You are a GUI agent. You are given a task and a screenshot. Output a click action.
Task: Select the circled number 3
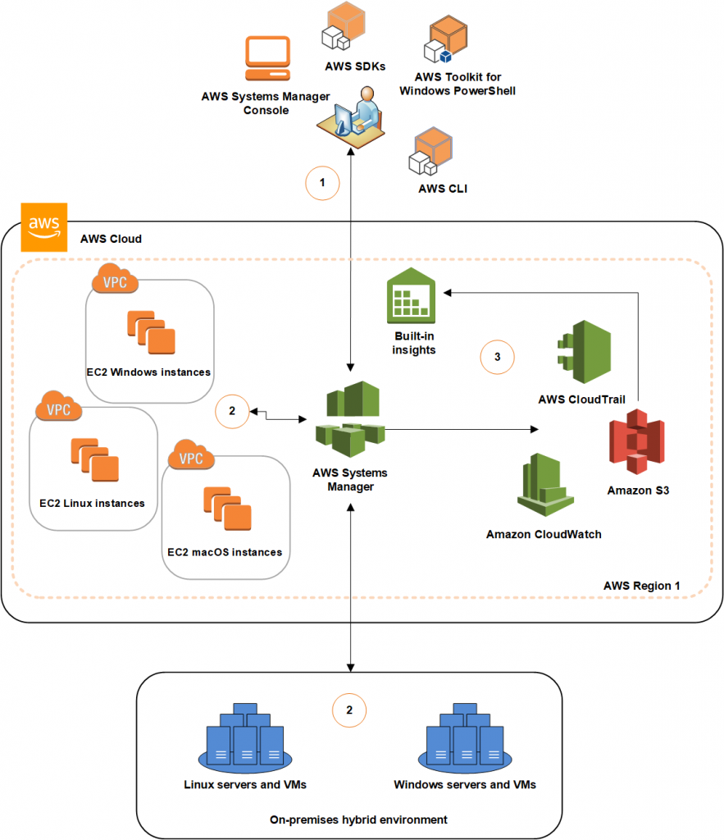(497, 357)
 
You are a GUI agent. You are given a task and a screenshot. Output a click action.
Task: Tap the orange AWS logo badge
(43, 226)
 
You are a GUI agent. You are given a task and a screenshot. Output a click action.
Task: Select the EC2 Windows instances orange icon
(152, 331)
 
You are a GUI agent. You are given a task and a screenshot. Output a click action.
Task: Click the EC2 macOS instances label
(225, 552)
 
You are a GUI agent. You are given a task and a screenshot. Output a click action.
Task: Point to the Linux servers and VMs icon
(246, 738)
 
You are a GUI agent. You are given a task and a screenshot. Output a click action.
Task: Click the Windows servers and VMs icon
(464, 738)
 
